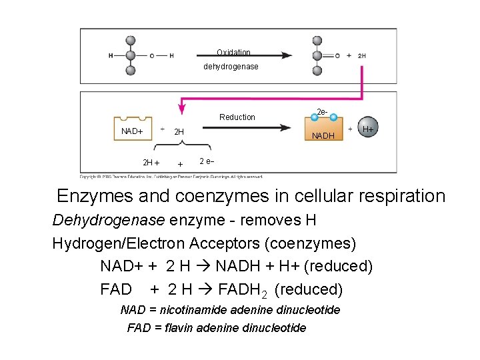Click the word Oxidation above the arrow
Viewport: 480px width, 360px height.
coord(233,52)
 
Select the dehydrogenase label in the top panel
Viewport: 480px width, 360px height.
coord(231,67)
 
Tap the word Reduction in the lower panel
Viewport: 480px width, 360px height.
coord(237,117)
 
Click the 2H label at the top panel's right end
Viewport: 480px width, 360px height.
coord(361,56)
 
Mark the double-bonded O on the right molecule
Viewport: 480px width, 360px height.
coord(337,56)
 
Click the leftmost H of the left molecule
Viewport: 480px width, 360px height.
coord(111,55)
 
